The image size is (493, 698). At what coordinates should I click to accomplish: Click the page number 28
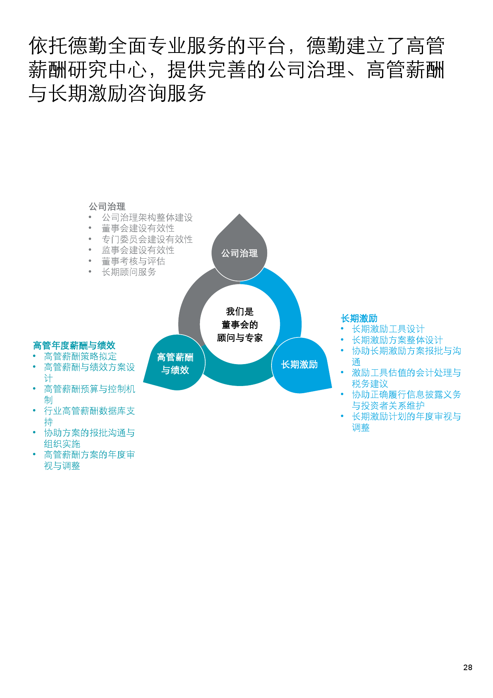(468, 667)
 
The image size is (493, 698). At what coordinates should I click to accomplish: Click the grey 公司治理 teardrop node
(239, 251)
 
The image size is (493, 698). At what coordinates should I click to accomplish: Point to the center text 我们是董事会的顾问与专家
(240, 325)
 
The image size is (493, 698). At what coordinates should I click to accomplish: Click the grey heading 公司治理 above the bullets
(107, 207)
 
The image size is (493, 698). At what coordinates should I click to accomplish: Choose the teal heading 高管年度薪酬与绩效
(74, 345)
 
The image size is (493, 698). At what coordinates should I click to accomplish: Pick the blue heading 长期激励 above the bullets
(359, 318)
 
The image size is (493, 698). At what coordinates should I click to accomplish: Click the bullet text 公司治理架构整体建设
(147, 217)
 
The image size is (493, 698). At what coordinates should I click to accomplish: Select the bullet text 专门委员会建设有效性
(147, 239)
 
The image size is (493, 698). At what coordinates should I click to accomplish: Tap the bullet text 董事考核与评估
(133, 261)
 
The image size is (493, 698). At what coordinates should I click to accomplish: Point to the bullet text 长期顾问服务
(129, 272)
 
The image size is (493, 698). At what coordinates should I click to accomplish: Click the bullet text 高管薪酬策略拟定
(80, 356)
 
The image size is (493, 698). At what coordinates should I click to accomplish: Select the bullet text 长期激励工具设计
(388, 329)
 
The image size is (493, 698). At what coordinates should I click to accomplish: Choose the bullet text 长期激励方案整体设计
(397, 340)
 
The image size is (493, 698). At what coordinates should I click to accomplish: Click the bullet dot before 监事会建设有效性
(90, 250)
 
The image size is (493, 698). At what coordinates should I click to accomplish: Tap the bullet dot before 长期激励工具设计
(342, 328)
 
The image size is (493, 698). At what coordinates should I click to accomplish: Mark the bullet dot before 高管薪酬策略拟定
(35, 356)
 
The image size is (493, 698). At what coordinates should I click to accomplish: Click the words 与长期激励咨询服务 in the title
(117, 94)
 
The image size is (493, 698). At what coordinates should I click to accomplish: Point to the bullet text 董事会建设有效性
(138, 228)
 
